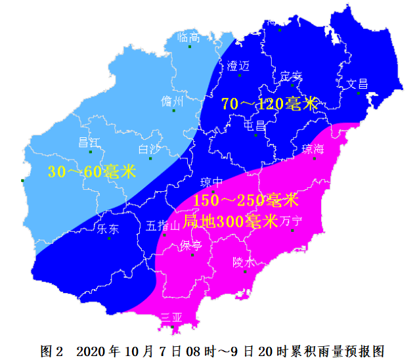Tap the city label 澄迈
coord(238,66)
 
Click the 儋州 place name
coord(172,101)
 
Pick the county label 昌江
coord(89,142)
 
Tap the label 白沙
coord(150,148)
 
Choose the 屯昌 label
coord(254,125)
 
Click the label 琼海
coord(313,148)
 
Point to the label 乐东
coord(108,229)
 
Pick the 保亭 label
coord(191,246)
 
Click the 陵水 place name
coord(244,261)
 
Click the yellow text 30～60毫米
coord(91,172)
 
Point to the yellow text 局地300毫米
coord(230,221)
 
